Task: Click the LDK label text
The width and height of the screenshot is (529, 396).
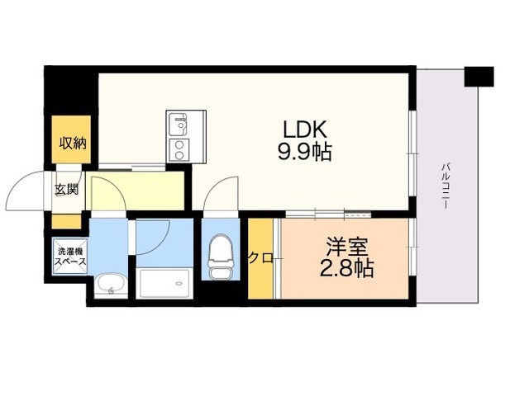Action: coord(305,130)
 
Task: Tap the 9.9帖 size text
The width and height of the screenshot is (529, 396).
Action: coord(305,152)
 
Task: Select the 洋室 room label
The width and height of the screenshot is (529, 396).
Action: coord(346,247)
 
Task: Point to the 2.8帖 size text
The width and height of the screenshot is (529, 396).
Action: coord(346,268)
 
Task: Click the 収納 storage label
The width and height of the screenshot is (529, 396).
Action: coord(73,144)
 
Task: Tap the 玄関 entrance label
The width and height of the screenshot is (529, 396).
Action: coord(66,190)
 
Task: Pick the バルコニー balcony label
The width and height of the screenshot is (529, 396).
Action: coord(446,186)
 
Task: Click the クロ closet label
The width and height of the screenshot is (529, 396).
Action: coord(261,258)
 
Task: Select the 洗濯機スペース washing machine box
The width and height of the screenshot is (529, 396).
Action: coord(70,257)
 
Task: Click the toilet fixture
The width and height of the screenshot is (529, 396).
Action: coord(221,257)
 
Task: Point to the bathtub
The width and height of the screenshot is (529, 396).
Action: coord(164,284)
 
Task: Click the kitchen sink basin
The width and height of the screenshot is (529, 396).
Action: coord(178,124)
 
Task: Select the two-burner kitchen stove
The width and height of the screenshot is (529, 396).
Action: coord(179,150)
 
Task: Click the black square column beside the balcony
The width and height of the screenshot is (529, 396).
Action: coord(479,77)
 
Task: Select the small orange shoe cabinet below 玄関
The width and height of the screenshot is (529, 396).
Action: coord(66,222)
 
